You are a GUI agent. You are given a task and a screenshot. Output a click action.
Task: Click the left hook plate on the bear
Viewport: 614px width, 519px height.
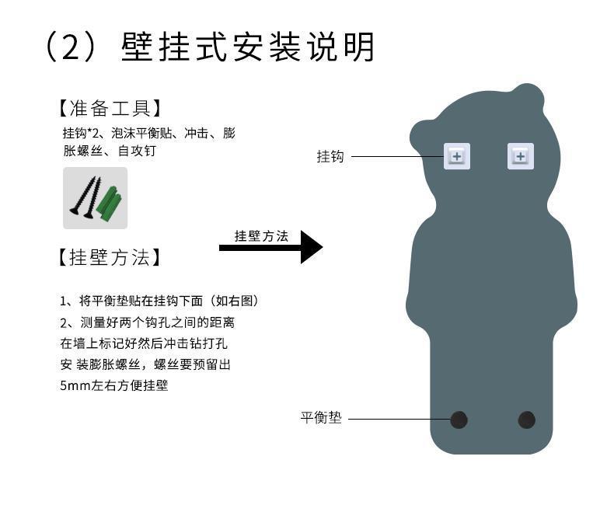point(456,156)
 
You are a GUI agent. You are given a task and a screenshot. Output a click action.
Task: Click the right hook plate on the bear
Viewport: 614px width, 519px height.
point(520,156)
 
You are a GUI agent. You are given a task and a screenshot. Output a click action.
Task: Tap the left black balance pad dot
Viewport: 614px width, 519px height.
point(459,420)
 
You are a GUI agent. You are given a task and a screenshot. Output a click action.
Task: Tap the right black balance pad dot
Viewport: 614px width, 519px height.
point(527,420)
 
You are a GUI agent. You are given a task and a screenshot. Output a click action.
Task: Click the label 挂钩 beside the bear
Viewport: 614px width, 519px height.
point(330,157)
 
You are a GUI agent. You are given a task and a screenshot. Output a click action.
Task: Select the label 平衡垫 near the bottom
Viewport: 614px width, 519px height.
point(320,418)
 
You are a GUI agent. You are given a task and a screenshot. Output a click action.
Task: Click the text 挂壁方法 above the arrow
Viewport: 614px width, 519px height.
point(261,236)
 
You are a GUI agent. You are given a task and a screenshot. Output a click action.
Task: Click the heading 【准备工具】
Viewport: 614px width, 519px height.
point(109,108)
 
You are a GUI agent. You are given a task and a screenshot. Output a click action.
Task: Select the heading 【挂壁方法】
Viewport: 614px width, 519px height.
point(109,257)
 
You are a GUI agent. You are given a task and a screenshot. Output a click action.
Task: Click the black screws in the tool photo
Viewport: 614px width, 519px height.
point(84,198)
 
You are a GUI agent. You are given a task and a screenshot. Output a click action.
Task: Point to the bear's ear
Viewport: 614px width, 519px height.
point(527,96)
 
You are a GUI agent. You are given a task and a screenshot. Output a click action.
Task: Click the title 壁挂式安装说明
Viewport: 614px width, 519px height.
point(248,47)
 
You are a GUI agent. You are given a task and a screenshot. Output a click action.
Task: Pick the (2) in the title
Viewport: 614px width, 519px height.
point(70,47)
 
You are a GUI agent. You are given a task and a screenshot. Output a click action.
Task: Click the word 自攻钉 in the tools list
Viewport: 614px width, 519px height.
point(137,152)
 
